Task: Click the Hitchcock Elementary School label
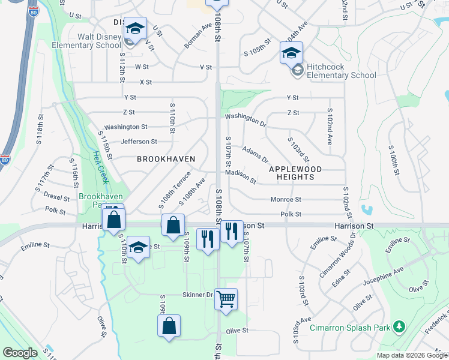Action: click(x=341, y=71)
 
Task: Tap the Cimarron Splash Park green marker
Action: click(x=400, y=327)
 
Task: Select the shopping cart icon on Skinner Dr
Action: click(x=226, y=298)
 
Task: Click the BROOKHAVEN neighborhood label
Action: click(x=166, y=159)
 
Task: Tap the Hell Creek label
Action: click(x=101, y=166)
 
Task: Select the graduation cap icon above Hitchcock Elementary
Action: click(x=291, y=53)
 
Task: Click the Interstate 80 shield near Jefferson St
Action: click(x=5, y=160)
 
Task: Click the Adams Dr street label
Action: click(x=256, y=153)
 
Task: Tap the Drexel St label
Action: click(x=57, y=196)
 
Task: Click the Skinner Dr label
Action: click(x=197, y=295)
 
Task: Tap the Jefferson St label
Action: click(x=139, y=142)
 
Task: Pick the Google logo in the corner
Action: click(x=20, y=353)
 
